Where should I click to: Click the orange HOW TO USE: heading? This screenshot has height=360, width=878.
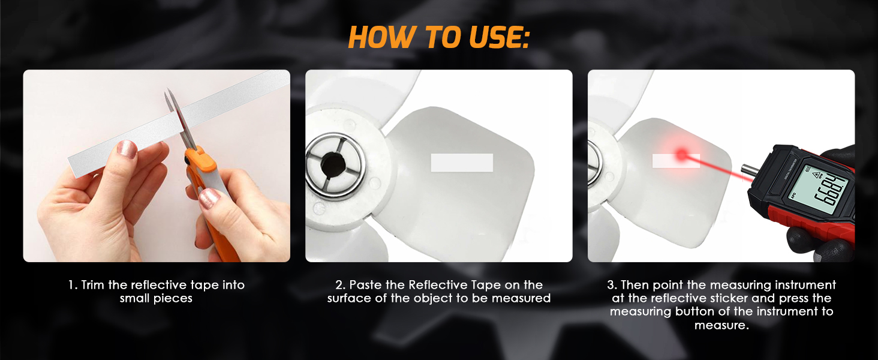pyautogui.click(x=438, y=38)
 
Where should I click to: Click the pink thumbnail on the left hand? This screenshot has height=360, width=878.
pyautogui.click(x=127, y=149)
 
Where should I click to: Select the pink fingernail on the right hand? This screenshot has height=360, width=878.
pyautogui.click(x=209, y=197)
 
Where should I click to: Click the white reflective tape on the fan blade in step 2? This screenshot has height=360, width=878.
pyautogui.click(x=462, y=163)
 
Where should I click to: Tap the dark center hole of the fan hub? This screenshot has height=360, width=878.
pyautogui.click(x=332, y=164)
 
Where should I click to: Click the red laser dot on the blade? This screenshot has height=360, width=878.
pyautogui.click(x=682, y=154)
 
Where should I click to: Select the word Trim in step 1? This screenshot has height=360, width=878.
pyautogui.click(x=93, y=285)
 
